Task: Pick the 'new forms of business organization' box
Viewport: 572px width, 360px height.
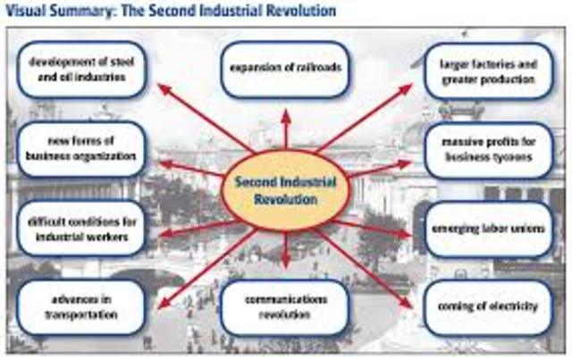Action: (x=80, y=148)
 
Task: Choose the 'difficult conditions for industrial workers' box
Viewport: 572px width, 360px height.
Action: (x=80, y=230)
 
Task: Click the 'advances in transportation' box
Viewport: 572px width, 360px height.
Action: (x=80, y=306)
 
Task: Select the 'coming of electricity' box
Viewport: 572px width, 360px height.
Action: (x=487, y=307)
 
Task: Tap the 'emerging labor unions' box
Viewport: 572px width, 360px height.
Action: (x=487, y=230)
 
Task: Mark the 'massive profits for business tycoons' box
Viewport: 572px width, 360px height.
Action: (x=487, y=148)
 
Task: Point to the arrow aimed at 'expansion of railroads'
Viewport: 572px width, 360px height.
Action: (x=285, y=125)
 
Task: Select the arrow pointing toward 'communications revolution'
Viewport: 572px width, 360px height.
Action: (x=285, y=250)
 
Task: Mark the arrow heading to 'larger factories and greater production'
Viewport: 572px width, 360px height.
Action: (x=366, y=116)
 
